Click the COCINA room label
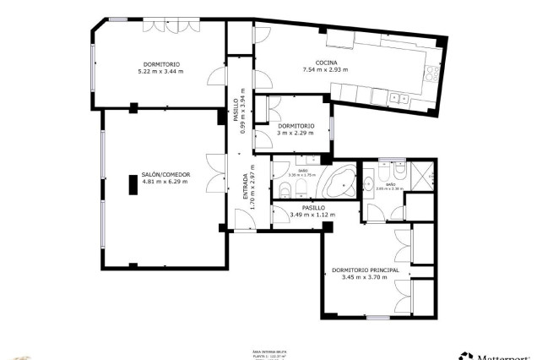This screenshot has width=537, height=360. coord(327,63)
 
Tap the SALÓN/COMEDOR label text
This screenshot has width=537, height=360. coord(165,174)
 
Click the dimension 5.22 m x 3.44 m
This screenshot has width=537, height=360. coord(160,72)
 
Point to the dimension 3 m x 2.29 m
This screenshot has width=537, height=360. coord(296,134)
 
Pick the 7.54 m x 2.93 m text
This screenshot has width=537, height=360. coord(326,70)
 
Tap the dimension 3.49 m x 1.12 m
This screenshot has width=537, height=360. coord(312,215)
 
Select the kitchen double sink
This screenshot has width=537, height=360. coord(398,99)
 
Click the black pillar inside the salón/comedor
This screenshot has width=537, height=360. coord(132,184)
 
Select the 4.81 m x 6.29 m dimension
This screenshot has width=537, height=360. coord(165,182)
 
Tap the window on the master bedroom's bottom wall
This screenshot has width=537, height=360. coord(377,318)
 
